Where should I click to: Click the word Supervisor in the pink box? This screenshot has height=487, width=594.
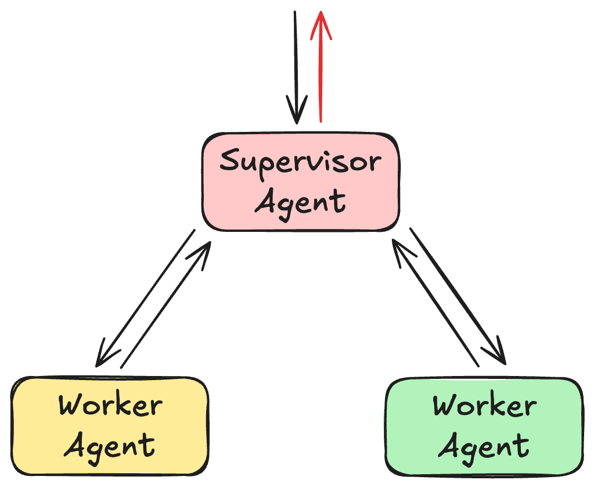pos(300,162)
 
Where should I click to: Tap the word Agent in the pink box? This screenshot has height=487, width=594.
pos(300,202)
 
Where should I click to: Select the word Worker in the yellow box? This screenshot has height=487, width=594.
pos(110,405)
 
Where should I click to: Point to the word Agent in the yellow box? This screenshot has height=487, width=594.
pos(110,446)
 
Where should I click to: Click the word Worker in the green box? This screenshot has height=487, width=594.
pos(484,405)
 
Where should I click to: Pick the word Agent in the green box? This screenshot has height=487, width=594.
pos(484,446)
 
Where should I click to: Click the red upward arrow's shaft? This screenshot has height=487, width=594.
pos(320,76)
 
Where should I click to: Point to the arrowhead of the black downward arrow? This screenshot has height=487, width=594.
pos(297,113)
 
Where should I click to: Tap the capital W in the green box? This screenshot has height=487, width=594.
pos(446,405)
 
